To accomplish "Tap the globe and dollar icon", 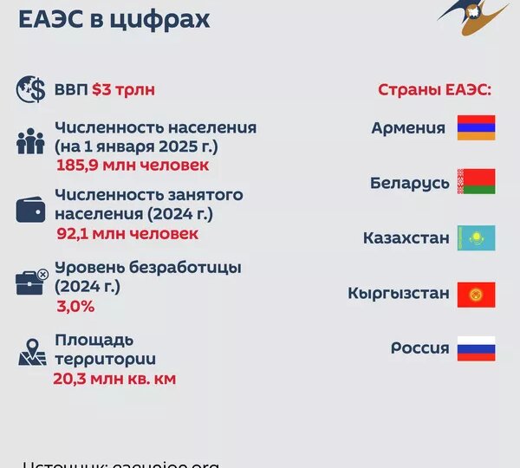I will (31, 89).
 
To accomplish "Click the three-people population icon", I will (31, 141).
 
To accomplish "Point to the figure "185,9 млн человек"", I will (133, 165).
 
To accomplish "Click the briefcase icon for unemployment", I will (31, 282).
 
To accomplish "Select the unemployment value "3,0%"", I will (75, 306).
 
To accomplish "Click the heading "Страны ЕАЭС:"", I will (435, 90).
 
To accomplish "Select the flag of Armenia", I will (476, 128).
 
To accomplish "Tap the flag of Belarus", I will (476, 182).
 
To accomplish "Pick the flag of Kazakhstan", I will (476, 237).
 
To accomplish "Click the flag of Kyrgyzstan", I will (476, 293).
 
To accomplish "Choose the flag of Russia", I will (476, 348).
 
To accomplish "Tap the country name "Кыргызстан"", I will (399, 293).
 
